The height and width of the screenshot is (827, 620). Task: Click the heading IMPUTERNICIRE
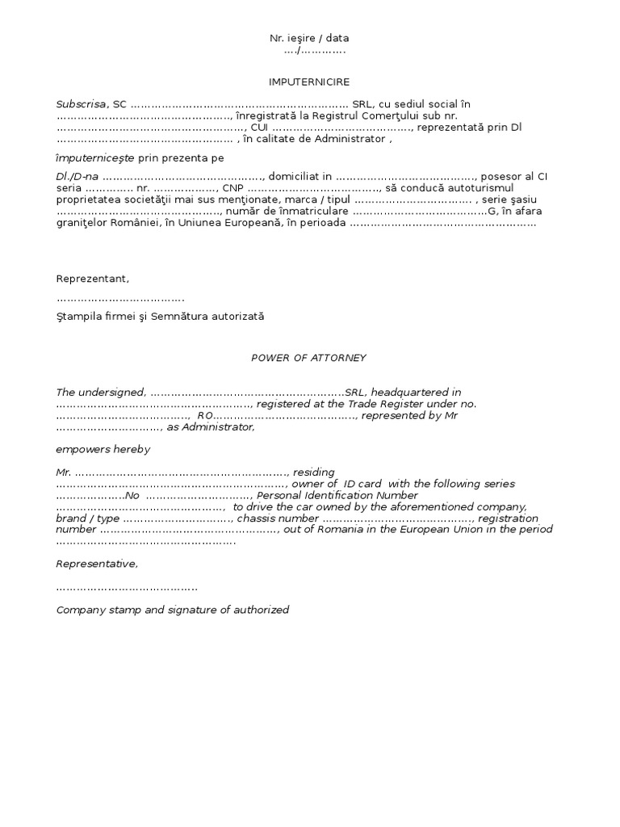pyautogui.click(x=309, y=82)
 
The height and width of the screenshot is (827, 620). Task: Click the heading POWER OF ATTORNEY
pyautogui.click(x=309, y=357)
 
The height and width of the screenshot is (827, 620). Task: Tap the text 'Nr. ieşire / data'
pyautogui.click(x=309, y=38)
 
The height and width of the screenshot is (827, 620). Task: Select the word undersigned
pyautogui.click(x=113, y=392)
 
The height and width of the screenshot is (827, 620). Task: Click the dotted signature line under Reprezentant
pyautogui.click(x=120, y=299)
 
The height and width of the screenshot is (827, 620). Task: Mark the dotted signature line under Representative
pyautogui.click(x=127, y=587)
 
